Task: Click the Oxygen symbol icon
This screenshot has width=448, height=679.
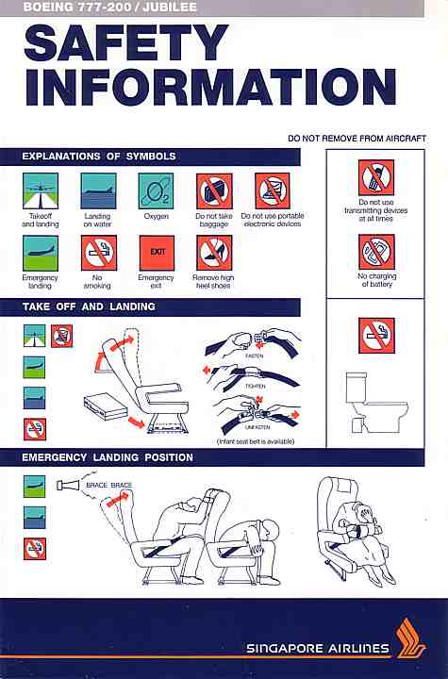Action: [156, 190]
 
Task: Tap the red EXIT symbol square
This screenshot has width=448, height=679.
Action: [157, 253]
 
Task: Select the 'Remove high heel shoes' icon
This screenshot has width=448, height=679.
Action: [214, 253]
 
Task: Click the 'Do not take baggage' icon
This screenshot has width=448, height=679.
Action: [214, 190]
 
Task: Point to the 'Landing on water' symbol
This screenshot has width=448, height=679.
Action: [98, 190]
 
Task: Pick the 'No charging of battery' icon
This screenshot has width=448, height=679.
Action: [376, 252]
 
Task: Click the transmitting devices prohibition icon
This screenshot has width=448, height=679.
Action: [376, 177]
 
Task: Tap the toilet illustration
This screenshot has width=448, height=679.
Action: [376, 402]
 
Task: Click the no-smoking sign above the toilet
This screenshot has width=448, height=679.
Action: [376, 336]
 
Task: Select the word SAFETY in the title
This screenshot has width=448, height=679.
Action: [126, 42]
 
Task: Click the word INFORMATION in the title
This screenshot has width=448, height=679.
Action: [211, 87]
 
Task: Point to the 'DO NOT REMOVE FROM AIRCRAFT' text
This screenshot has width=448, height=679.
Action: [357, 139]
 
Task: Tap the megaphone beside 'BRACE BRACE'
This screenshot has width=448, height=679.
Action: [68, 485]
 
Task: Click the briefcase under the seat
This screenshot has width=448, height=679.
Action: [106, 406]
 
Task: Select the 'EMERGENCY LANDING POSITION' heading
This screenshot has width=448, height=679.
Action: [108, 457]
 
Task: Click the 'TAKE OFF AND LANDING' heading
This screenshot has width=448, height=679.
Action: [89, 306]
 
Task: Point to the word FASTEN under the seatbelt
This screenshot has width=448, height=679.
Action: [254, 356]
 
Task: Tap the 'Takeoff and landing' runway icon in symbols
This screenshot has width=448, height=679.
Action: [41, 190]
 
